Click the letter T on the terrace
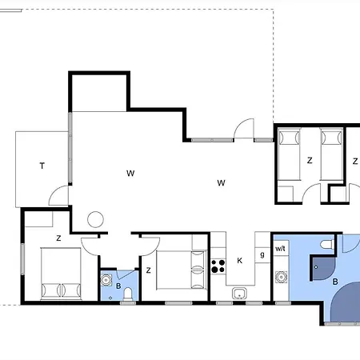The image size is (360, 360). pos(42,166)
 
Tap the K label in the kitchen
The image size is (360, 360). pos(239,261)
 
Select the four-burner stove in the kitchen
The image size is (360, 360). pos(218,266)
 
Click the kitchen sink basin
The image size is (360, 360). pos(239,294)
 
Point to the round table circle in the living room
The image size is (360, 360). pos(95,219)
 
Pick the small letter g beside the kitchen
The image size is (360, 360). pos(262,254)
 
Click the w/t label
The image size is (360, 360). pos(280,249)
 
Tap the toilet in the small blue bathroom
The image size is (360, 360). pos(128,294)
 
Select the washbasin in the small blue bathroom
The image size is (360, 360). pos(106,280)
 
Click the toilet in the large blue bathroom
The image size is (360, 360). pos(327,244)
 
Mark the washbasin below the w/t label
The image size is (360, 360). pos(281,277)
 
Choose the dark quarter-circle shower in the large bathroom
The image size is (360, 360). pos(322,267)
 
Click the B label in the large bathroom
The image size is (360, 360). pos(335,282)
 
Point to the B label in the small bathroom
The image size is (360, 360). pos(118,286)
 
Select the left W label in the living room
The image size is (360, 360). pos(130,174)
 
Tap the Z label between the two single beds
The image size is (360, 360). pos(310,161)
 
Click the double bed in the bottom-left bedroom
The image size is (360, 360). pos(61,273)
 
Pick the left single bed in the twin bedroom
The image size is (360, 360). pos(289,154)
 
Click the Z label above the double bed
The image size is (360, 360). pos(58,238)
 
